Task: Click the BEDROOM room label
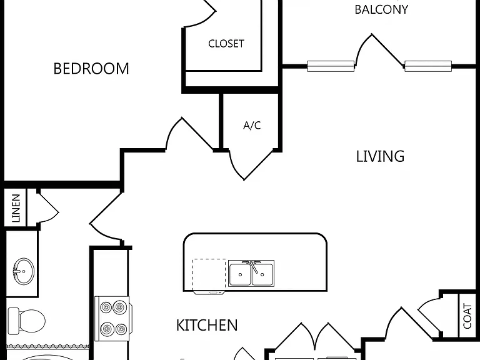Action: tap(91, 69)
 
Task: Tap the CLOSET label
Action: tap(226, 44)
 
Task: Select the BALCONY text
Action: tap(381, 9)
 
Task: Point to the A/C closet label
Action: tap(252, 125)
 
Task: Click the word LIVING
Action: tap(380, 156)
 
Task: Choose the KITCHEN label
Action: tap(207, 325)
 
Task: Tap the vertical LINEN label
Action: tap(16, 208)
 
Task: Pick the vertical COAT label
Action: tap(467, 316)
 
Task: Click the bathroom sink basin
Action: tap(23, 271)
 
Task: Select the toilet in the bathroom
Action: tap(26, 321)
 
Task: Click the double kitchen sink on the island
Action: tap(251, 273)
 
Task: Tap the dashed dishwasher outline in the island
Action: tap(209, 274)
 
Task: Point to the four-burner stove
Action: tap(112, 318)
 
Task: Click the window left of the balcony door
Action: tap(331, 66)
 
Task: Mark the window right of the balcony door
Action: tap(428, 66)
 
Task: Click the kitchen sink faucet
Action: tap(252, 265)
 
